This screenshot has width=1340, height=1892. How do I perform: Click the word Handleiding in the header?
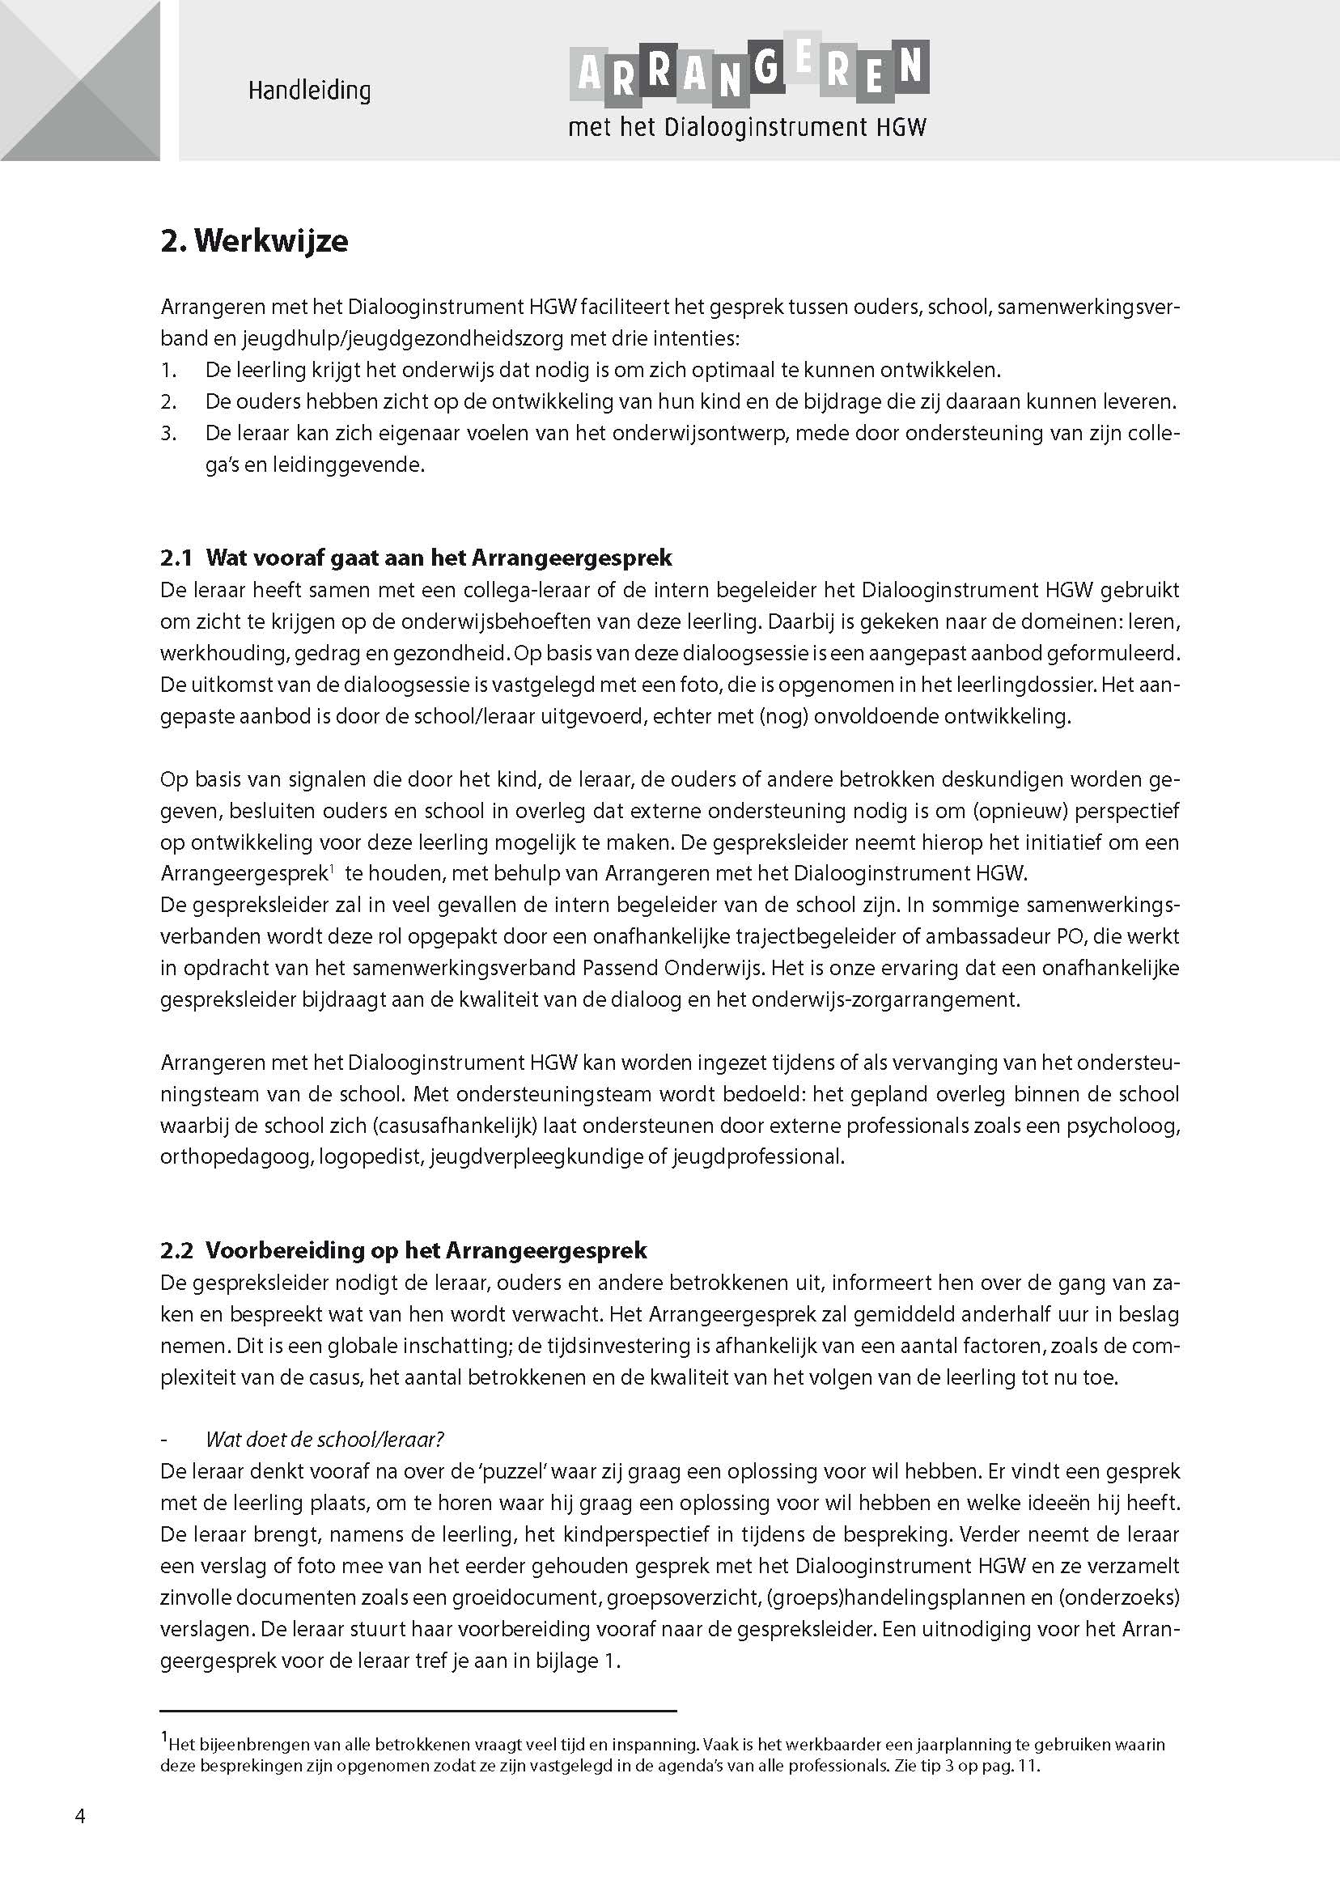[x=309, y=90]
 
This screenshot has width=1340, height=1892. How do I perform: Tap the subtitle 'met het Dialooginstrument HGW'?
[x=748, y=128]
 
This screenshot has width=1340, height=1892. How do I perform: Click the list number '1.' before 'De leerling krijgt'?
[x=168, y=371]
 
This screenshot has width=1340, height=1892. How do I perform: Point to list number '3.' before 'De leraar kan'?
[x=168, y=433]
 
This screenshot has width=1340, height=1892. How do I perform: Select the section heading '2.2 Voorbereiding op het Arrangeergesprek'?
[x=404, y=1250]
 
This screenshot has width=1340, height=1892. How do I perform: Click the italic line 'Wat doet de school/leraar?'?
[x=324, y=1440]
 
